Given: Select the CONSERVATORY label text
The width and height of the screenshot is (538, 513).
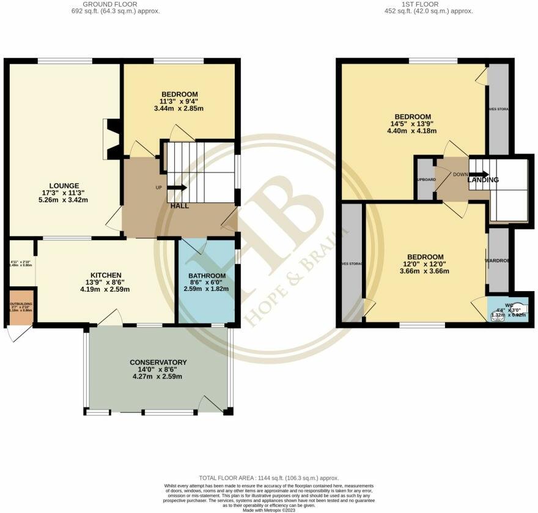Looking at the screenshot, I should tap(158, 363).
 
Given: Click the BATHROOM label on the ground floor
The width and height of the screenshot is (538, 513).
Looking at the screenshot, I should tap(206, 275).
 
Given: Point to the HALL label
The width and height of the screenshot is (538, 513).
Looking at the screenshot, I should tap(179, 206).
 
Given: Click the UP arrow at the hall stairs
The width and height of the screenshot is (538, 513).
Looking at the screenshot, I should tap(176, 188).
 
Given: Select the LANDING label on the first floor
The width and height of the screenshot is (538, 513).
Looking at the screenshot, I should tap(483, 180).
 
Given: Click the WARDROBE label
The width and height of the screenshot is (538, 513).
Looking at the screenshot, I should tap(498, 260).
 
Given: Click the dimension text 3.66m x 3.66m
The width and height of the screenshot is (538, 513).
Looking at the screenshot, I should tap(421, 271).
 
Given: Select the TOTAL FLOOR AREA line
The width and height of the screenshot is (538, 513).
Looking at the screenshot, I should tap(269, 478).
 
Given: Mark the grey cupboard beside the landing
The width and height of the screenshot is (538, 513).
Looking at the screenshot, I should tap(426, 179).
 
